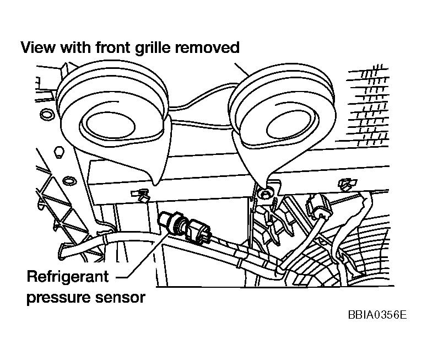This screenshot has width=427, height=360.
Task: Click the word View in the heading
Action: (x=37, y=48)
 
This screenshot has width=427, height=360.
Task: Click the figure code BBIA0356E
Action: (x=377, y=315)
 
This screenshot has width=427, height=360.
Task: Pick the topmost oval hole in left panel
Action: (x=47, y=115)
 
